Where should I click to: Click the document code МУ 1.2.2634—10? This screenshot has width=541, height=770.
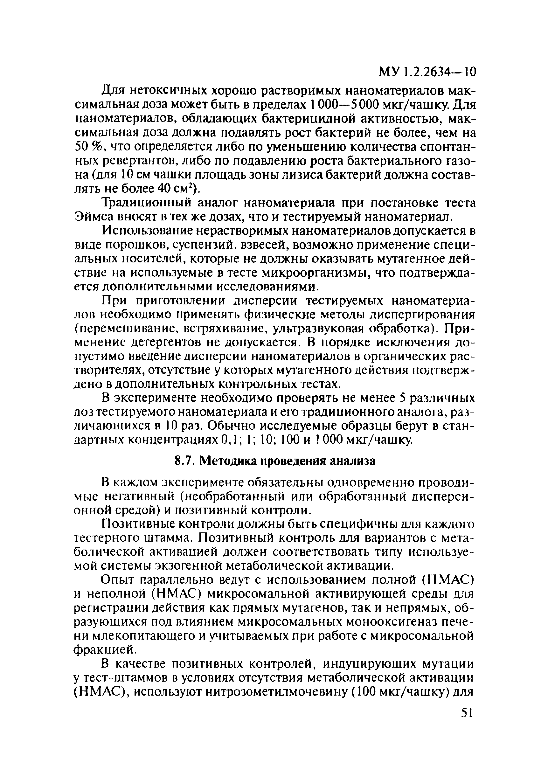[427, 72]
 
